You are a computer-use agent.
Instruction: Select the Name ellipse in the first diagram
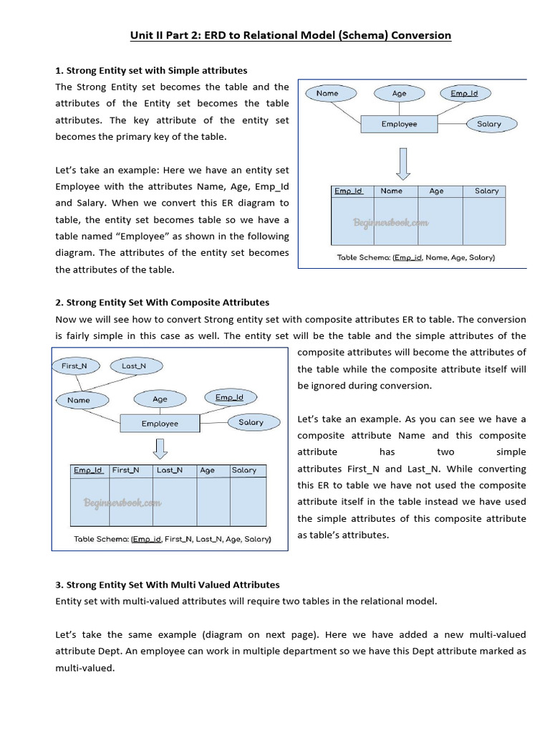[327, 93]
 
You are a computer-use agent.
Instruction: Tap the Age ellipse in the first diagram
[399, 93]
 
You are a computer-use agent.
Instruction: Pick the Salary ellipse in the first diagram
[489, 124]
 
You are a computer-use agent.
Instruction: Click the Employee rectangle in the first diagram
[399, 124]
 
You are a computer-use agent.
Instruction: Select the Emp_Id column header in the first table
[349, 191]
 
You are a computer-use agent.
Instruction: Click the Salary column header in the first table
[486, 191]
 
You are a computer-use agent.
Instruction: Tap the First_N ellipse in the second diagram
[74, 366]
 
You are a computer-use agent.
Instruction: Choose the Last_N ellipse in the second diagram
[134, 366]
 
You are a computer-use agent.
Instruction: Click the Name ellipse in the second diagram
[79, 400]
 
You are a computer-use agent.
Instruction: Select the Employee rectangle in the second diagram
[160, 424]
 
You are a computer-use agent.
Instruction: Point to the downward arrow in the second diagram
[160, 449]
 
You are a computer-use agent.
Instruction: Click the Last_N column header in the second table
[170, 470]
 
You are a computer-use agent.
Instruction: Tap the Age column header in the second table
[208, 470]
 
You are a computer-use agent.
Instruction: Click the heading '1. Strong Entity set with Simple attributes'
[151, 70]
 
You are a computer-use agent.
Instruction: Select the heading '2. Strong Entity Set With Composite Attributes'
[163, 302]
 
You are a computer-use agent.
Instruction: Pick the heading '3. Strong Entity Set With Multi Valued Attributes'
[168, 585]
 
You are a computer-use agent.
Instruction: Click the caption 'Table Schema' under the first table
[415, 257]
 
